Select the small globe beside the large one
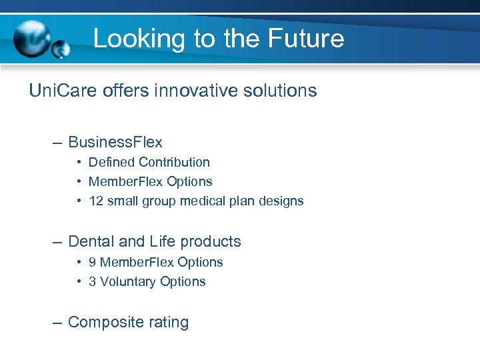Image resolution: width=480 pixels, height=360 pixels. (61, 50)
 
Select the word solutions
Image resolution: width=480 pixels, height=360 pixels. (279, 91)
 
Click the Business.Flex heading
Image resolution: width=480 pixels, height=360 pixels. (115, 142)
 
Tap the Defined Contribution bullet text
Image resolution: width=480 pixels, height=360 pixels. (149, 162)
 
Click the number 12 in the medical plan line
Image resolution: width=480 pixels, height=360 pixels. (95, 201)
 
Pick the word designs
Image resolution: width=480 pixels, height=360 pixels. (282, 201)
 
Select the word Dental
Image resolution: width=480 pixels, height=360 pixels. (91, 241)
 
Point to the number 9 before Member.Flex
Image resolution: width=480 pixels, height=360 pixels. (92, 262)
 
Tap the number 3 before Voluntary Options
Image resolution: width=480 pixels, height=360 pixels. (92, 281)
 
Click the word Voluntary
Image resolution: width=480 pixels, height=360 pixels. (127, 281)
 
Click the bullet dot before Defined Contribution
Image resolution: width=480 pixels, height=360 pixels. (79, 163)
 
